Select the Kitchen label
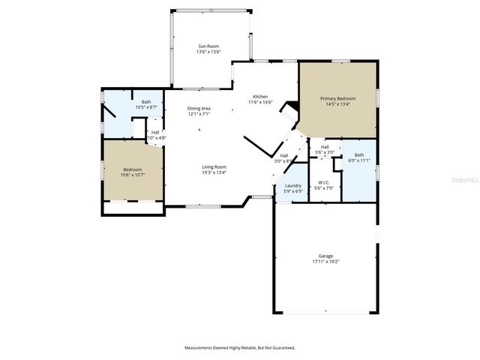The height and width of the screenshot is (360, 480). point(260,96)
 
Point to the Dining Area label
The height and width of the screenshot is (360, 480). point(199,109)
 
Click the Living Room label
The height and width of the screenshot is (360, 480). point(214,166)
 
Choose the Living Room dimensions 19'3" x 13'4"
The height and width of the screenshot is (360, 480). point(214,172)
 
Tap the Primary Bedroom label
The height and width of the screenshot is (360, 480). point(338,98)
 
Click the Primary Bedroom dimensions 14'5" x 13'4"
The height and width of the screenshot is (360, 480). point(338,104)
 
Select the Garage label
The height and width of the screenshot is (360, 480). point(325,256)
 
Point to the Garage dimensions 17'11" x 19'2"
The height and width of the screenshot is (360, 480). point(325,262)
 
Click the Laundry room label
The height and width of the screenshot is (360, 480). point(293,185)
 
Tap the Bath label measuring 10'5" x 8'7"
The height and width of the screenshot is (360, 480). point(146,102)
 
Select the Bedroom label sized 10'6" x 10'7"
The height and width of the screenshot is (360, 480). point(132,169)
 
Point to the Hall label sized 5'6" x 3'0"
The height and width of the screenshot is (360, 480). point(325,147)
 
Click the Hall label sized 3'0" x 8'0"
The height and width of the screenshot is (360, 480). point(283,156)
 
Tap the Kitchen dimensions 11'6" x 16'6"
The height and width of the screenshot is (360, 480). point(260,102)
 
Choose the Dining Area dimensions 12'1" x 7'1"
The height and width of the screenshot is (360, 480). point(199,115)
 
